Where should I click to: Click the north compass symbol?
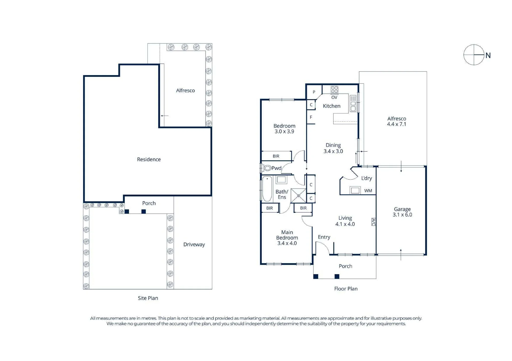474,55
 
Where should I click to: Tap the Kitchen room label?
332,106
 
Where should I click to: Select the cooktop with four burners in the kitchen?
334,89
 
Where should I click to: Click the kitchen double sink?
353,103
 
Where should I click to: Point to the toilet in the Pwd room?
267,168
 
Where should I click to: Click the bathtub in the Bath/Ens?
267,189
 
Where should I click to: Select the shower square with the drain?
298,196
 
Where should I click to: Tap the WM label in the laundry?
368,191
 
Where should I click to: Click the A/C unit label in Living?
374,222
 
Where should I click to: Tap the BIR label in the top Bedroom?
276,156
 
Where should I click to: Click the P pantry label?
314,92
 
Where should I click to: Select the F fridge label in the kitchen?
311,117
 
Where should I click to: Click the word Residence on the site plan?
149,159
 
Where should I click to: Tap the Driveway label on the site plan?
194,244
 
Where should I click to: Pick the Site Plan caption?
148,298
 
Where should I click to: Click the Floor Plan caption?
346,289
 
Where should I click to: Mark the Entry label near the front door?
324,237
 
